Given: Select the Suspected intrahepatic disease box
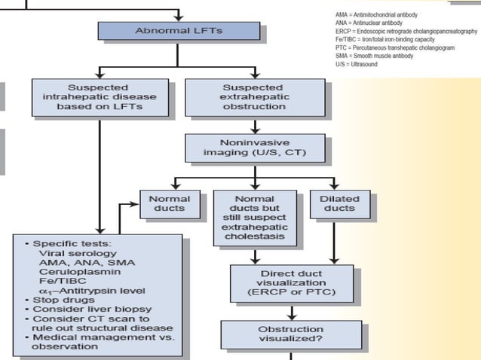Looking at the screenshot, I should point(98,98).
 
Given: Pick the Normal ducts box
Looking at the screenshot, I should point(169,204).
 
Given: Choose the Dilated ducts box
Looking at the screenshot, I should point(340,204).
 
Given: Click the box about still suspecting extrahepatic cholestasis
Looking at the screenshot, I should point(254,218).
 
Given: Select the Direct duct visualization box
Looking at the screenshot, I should point(291,282).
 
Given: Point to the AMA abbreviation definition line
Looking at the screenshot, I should point(376,15).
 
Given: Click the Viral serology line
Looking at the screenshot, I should point(72,253).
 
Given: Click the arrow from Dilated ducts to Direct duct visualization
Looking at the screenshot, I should point(334,243).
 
